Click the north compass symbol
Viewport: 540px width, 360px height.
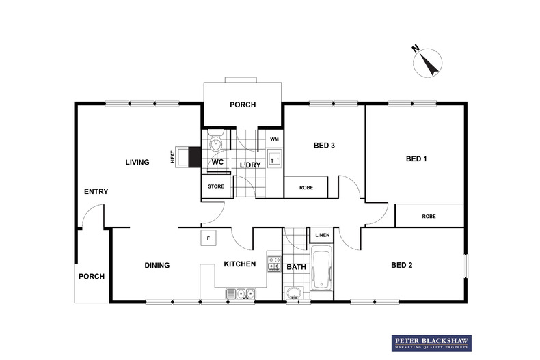tap(427, 62)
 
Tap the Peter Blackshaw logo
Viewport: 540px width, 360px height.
tap(431, 343)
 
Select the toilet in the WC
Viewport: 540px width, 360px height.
tap(216, 141)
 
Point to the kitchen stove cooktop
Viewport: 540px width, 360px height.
tap(274, 264)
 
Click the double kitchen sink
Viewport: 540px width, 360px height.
tap(241, 294)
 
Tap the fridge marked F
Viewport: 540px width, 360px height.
tap(208, 238)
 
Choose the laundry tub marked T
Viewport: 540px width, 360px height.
tap(275, 158)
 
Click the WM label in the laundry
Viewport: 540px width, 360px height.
tap(275, 139)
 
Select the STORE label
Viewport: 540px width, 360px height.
tap(216, 186)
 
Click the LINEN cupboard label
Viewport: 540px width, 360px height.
tap(323, 235)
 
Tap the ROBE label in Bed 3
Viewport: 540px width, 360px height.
tap(306, 188)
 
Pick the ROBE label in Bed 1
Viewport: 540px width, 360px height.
tap(429, 216)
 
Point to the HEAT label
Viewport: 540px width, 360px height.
tap(173, 157)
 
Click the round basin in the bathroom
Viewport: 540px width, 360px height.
tap(294, 294)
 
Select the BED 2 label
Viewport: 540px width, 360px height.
tap(401, 265)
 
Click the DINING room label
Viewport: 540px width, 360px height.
tap(157, 265)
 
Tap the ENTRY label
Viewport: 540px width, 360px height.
tap(96, 191)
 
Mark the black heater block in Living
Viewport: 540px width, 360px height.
tap(195, 157)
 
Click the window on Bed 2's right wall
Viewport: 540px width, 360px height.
tap(465, 266)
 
